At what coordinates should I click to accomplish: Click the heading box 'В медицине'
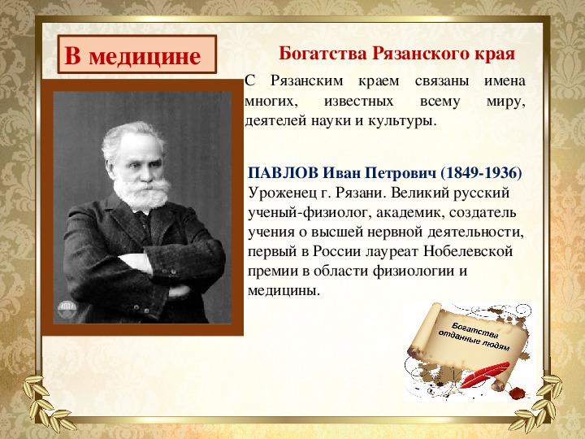pyautogui.click(x=137, y=54)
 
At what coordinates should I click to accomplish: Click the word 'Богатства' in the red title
pyautogui.click(x=323, y=54)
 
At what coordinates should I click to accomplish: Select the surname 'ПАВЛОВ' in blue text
pyautogui.click(x=284, y=173)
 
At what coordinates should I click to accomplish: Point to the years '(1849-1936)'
pyautogui.click(x=481, y=173)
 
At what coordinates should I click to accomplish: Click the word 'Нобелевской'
pyautogui.click(x=468, y=251)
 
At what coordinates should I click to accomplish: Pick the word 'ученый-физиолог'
pyautogui.click(x=310, y=213)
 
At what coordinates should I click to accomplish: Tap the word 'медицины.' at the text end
pyautogui.click(x=284, y=290)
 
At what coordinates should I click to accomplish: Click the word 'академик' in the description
pyautogui.click(x=410, y=213)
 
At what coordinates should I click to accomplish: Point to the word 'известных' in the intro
pyautogui.click(x=359, y=102)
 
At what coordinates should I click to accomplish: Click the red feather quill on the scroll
pyautogui.click(x=484, y=375)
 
